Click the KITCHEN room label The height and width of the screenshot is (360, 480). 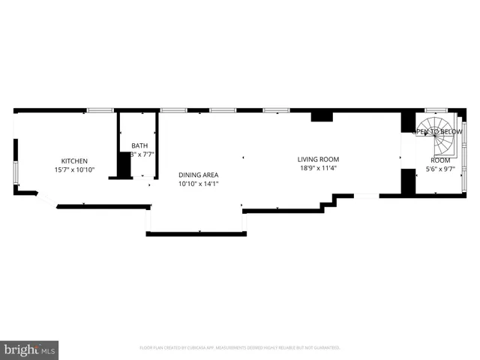pyautogui.click(x=74, y=161)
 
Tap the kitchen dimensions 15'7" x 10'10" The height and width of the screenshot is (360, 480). pyautogui.click(x=74, y=170)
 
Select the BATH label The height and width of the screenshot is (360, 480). pyautogui.click(x=139, y=145)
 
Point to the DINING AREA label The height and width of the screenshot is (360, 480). pyautogui.click(x=198, y=175)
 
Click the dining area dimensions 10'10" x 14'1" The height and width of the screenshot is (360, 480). pyautogui.click(x=198, y=184)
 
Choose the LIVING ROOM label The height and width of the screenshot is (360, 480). pyautogui.click(x=318, y=159)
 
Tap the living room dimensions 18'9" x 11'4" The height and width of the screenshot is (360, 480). pyautogui.click(x=318, y=168)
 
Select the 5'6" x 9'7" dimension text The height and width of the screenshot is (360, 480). pyautogui.click(x=440, y=169)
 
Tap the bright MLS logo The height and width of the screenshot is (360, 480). pyautogui.click(x=29, y=349)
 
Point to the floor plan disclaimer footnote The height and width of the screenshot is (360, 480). pyautogui.click(x=240, y=348)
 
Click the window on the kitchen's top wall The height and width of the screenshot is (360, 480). pyautogui.click(x=100, y=111)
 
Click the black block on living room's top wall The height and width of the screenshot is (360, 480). pyautogui.click(x=322, y=115)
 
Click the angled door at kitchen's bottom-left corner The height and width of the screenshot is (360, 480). pyautogui.click(x=46, y=199)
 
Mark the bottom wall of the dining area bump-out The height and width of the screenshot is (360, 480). pyautogui.click(x=196, y=234)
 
